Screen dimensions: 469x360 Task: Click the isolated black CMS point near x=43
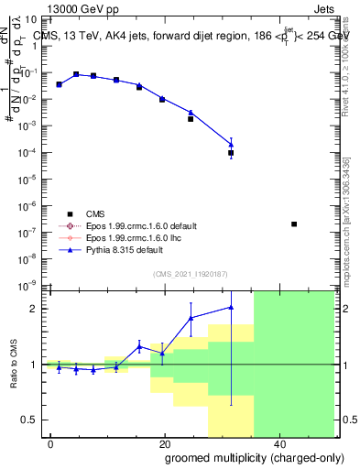coord(293,224)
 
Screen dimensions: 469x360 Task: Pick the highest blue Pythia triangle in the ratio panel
coord(231,307)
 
